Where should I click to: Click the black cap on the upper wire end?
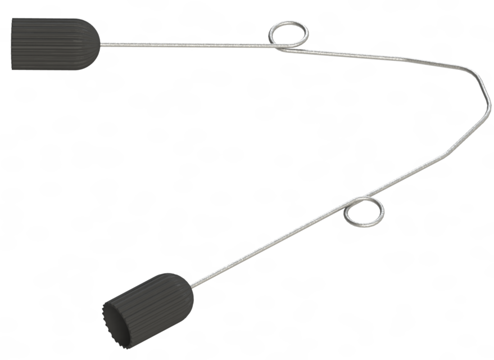coord(53,43)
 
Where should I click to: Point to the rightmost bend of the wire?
coord(484,90)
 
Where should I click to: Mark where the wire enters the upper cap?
coord(100,44)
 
